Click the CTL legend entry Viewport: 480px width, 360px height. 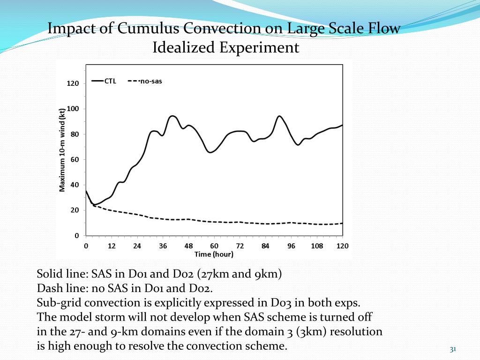coord(110,81)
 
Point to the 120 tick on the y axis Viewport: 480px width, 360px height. coord(73,83)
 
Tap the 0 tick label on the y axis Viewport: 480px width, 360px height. coord(77,236)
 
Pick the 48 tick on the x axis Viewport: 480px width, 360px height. coord(188,246)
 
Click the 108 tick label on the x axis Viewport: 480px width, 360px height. coord(317,246)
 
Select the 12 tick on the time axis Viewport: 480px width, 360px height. coord(112,246)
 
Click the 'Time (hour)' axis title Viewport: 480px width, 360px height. coord(214,254)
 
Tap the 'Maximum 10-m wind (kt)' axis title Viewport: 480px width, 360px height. coord(62,150)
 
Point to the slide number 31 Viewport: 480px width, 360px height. coord(453,349)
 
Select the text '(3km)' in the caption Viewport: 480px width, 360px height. coord(312,332)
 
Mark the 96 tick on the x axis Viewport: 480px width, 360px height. coord(291,246)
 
